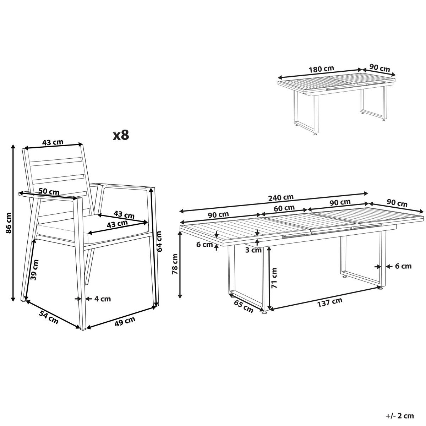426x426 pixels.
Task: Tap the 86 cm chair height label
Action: tap(9, 223)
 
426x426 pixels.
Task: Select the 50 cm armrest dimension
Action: tap(49, 191)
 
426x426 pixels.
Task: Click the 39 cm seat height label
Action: tap(35, 270)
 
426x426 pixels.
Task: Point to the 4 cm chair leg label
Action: tap(103, 299)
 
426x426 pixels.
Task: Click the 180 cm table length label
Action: tap(321, 69)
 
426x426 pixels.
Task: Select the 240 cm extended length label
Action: tap(281, 197)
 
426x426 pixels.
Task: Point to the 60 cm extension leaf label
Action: tap(284, 208)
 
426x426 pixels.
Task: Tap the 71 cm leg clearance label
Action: tap(274, 278)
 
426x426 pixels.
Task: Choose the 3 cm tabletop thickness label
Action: tap(253, 250)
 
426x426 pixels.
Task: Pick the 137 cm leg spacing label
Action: tap(330, 302)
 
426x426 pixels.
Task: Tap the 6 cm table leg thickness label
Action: tap(403, 266)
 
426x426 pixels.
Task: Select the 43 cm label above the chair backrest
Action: tap(53, 142)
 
